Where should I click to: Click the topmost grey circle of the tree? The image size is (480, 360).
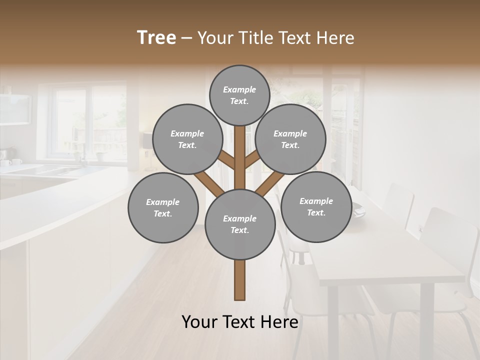pos(239,95)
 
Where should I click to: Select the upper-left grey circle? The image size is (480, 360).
pos(187,139)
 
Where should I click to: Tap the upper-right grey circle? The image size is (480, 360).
pos(290,139)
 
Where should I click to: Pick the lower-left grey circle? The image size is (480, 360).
pos(163,207)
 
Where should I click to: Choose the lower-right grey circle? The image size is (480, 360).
pos(316,206)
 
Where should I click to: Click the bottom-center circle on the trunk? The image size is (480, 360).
pos(240,224)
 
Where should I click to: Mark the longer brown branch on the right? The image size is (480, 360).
pos(270,183)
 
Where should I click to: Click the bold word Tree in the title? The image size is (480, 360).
pos(156,38)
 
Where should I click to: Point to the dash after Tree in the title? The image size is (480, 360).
pos(186,38)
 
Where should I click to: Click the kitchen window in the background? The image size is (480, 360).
pos(90,122)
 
